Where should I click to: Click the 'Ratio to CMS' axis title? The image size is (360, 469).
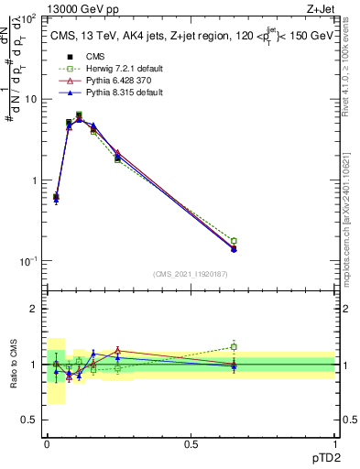(15, 364)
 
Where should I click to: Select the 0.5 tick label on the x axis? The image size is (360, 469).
(191, 443)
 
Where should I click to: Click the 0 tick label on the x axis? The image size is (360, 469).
(47, 443)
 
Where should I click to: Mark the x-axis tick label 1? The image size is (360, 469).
(334, 443)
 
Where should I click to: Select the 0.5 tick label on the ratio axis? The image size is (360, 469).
(32, 420)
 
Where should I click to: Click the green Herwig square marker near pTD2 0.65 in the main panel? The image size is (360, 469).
(234, 241)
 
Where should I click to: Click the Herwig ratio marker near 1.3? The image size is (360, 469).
(234, 347)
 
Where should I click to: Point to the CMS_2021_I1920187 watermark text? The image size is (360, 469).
(190, 274)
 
